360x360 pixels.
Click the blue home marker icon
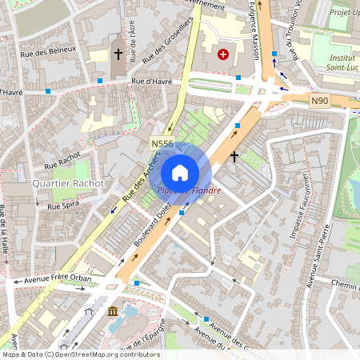tap(180, 173)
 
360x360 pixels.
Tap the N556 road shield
tap(162, 144)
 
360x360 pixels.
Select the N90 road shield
tap(320, 100)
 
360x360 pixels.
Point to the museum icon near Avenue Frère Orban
tap(111, 310)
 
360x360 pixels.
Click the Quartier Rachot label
tap(68, 183)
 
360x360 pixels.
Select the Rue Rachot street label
tap(62, 160)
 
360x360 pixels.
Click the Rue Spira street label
tap(66, 206)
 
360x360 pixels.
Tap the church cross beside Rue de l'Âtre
tap(118, 54)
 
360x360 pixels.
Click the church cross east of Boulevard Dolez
tap(234, 157)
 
